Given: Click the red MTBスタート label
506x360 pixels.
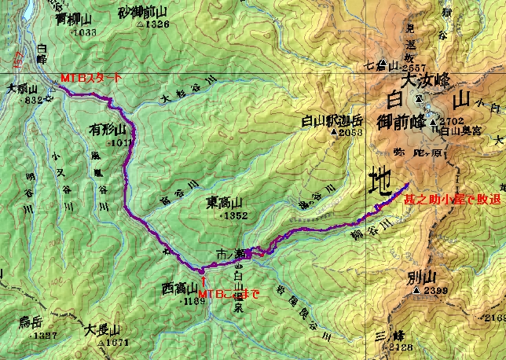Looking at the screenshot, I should coord(90,78).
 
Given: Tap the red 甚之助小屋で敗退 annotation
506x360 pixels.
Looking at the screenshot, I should coord(452,201).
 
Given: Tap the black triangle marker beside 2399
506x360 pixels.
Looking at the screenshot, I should coord(415,291).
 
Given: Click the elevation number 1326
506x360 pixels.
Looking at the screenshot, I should coord(156,24).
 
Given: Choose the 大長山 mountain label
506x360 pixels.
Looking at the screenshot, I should coord(102,330).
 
